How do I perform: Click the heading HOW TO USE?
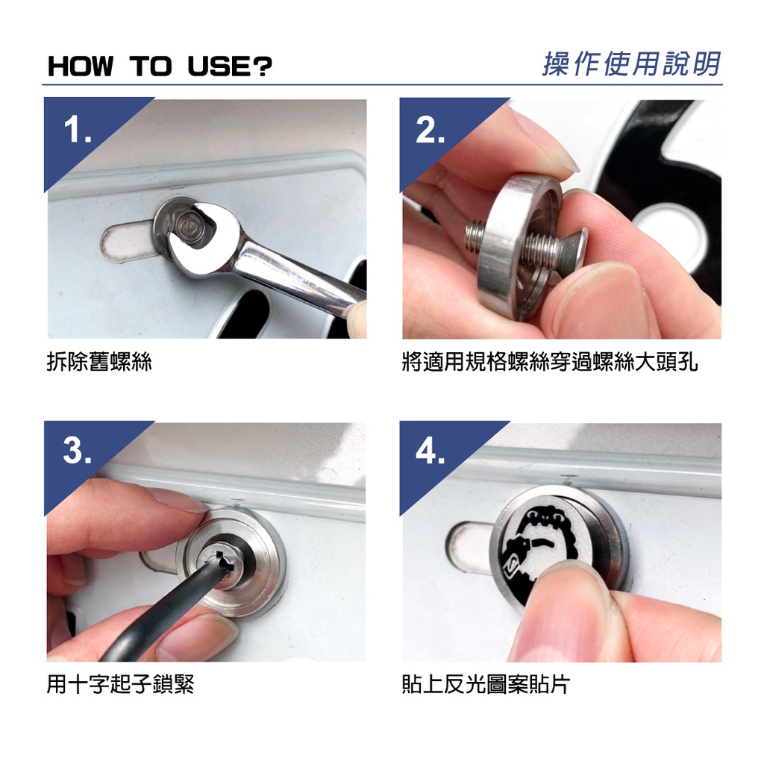(x=160, y=66)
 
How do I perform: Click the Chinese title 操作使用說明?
(x=631, y=64)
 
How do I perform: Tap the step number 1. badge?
(x=78, y=130)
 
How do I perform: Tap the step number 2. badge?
(x=430, y=130)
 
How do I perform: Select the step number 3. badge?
(x=78, y=450)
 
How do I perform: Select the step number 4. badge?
(x=430, y=450)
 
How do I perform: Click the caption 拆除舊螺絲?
(x=99, y=362)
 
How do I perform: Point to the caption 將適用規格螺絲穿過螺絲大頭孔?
(x=550, y=362)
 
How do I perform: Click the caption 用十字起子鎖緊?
(x=120, y=683)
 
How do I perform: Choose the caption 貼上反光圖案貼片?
(x=486, y=683)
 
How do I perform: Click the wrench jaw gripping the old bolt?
(x=204, y=234)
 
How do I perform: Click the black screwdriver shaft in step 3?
(x=161, y=609)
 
